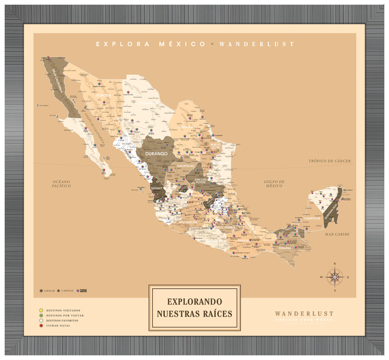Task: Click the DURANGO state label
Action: coord(156,154)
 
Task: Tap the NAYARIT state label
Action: coord(157,188)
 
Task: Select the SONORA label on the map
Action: coord(103,95)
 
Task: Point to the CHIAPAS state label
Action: coord(285,248)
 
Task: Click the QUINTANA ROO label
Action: coord(331,211)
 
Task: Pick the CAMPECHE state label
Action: coord(312,218)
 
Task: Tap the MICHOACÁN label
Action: coord(188,222)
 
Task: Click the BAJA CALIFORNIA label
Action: coord(58,81)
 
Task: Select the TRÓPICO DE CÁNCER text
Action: coord(329,161)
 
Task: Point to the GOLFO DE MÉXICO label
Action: coord(274,184)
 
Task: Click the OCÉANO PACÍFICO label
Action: coord(61,184)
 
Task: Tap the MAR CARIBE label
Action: coord(337,234)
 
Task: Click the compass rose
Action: coord(335,277)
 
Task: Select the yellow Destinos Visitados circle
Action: coord(41,310)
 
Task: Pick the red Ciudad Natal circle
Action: coord(41,325)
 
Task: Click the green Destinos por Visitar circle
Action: coord(41,315)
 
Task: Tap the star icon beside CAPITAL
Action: coord(58,291)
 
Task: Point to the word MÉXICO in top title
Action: coord(182,44)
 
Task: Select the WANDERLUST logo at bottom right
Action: coord(304,314)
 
